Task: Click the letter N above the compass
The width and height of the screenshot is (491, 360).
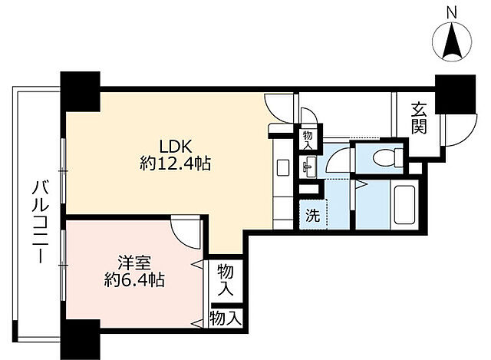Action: (452, 12)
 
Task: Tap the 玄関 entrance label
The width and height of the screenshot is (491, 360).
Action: (418, 117)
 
